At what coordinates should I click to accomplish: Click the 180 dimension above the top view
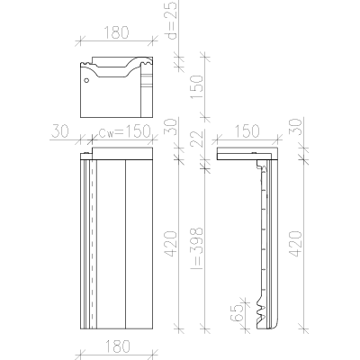click(x=116, y=32)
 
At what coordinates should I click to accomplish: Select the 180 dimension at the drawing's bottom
click(x=118, y=346)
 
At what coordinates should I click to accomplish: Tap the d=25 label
click(x=172, y=21)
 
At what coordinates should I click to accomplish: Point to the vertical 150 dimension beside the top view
click(x=197, y=87)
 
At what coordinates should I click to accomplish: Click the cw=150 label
click(x=124, y=131)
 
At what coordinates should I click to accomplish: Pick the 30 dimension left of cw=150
click(x=60, y=131)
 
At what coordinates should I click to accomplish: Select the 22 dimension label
click(x=197, y=138)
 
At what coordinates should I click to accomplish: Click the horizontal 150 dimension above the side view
click(x=247, y=131)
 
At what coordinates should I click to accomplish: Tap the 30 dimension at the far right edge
click(x=295, y=127)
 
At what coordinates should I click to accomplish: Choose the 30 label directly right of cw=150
click(x=170, y=127)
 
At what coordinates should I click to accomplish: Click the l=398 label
click(x=197, y=248)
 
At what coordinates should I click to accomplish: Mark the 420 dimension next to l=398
click(x=171, y=244)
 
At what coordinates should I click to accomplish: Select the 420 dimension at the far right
click(x=295, y=244)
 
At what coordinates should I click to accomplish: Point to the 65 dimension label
click(x=237, y=313)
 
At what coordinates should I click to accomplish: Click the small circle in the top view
click(x=86, y=80)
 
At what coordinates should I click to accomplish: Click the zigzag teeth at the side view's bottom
click(x=260, y=313)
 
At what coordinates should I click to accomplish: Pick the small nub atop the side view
click(x=255, y=154)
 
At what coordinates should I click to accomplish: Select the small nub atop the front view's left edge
click(x=86, y=154)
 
